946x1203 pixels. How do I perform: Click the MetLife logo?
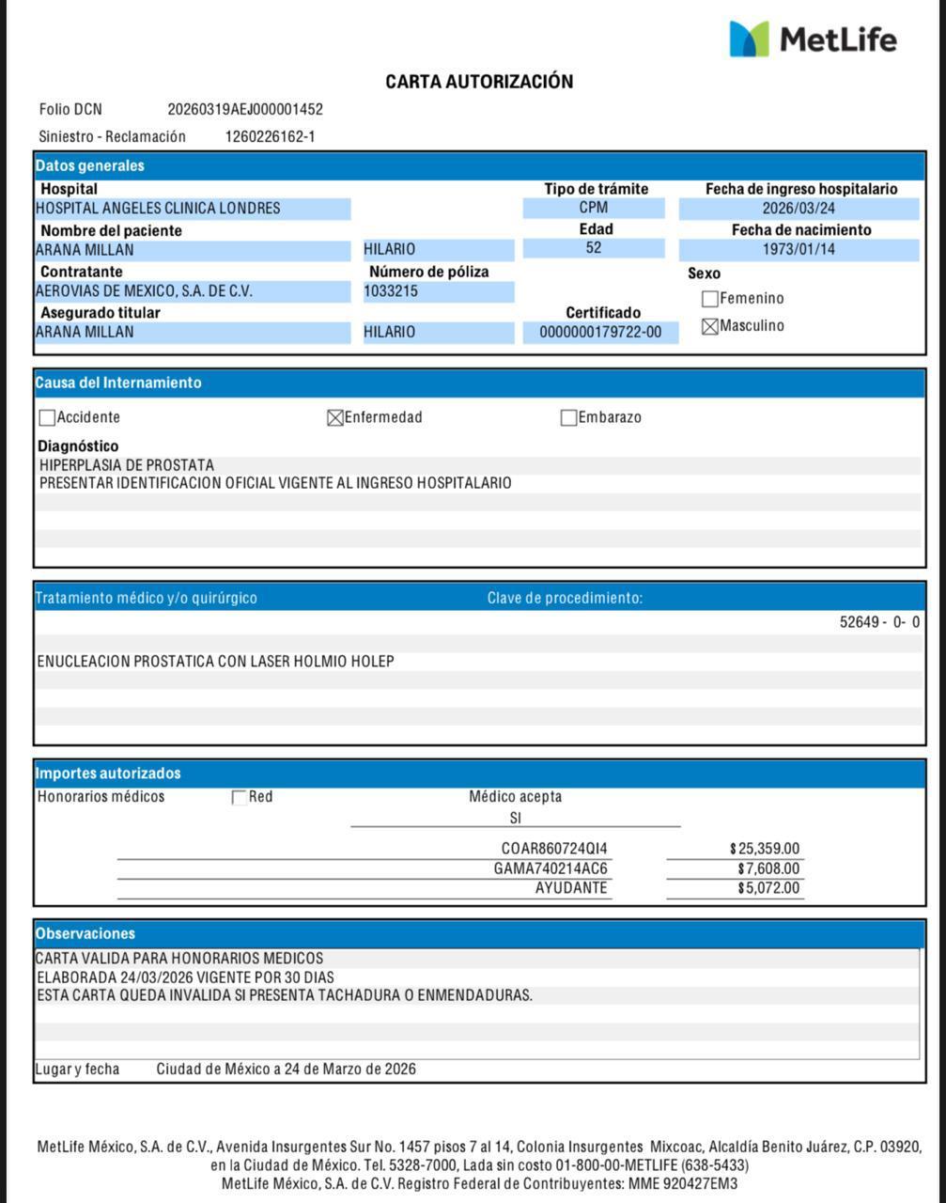[813, 39]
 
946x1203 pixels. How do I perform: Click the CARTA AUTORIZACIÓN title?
[479, 82]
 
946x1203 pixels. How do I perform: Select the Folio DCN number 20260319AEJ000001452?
[245, 110]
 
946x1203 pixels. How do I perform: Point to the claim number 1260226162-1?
[270, 137]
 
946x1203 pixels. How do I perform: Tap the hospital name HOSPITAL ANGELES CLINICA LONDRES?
[158, 209]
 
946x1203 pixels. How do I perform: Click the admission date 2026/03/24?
[799, 209]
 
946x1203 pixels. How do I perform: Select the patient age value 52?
[594, 249]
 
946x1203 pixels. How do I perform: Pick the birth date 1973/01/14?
[799, 250]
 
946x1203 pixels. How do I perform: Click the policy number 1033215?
[391, 291]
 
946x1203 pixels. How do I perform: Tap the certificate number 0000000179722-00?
[600, 332]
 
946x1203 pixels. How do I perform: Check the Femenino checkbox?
[710, 299]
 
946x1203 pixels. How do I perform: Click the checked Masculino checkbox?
[710, 326]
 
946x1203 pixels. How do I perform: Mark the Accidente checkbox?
[47, 418]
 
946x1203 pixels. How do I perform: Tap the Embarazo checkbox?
[568, 418]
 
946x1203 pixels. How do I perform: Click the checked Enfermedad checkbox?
[334, 418]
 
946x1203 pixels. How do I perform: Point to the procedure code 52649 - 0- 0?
[879, 622]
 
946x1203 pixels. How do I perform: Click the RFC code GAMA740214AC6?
[551, 868]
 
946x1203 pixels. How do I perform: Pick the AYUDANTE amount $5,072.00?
[768, 888]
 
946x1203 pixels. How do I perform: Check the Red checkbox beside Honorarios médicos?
[239, 798]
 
